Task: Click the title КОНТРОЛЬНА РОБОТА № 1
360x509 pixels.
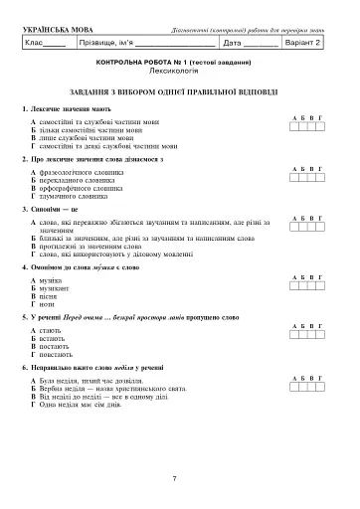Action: [x=180, y=63]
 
